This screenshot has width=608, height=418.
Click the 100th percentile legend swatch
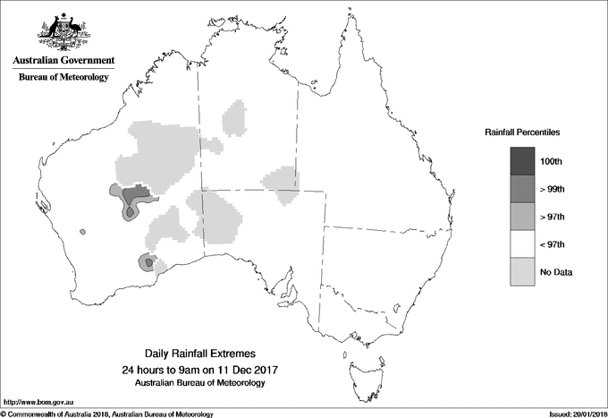click(x=523, y=160)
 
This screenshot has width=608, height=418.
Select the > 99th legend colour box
click(x=523, y=188)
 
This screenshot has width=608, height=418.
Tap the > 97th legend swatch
click(x=523, y=216)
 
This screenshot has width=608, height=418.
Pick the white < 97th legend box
click(x=523, y=243)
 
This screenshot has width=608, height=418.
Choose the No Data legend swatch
click(x=523, y=271)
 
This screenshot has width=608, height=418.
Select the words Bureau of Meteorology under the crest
click(x=63, y=78)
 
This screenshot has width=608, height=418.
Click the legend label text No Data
click(x=555, y=272)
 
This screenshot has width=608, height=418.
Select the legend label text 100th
click(x=552, y=161)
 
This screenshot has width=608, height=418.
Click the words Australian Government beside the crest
click(x=63, y=61)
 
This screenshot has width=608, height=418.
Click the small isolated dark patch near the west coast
click(x=83, y=231)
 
